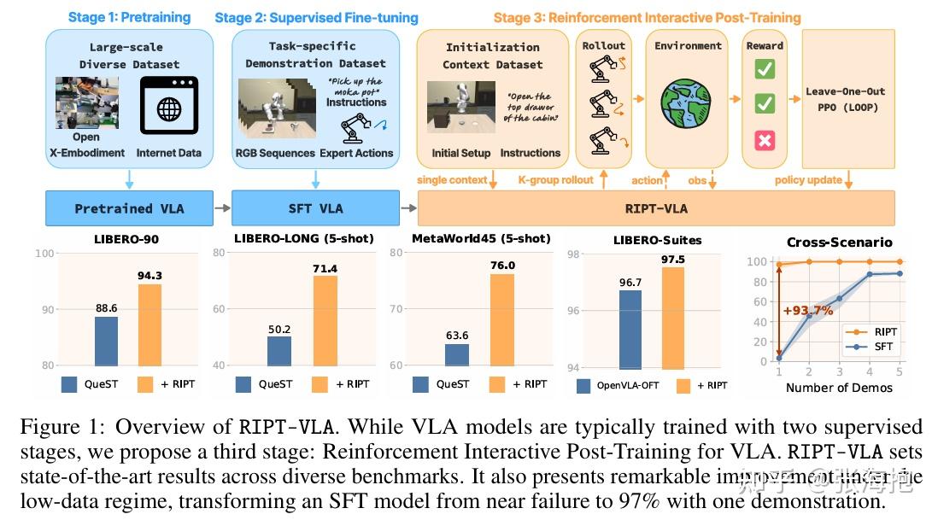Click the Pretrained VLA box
pyautogui.click(x=129, y=208)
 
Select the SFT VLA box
pyautogui.click(x=316, y=208)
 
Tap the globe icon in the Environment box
pyautogui.click(x=689, y=105)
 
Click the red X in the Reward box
pyautogui.click(x=765, y=140)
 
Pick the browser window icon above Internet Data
pyautogui.click(x=169, y=105)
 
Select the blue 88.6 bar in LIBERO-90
pyautogui.click(x=107, y=341)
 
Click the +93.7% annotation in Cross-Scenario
pyautogui.click(x=809, y=310)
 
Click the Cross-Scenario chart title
pyautogui.click(x=839, y=242)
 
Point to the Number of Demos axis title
pyautogui.click(x=839, y=388)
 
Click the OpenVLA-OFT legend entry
pyautogui.click(x=624, y=385)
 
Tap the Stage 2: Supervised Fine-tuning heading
pyautogui.click(x=316, y=17)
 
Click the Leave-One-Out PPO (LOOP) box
pyautogui.click(x=845, y=99)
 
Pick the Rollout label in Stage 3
pyautogui.click(x=603, y=45)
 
